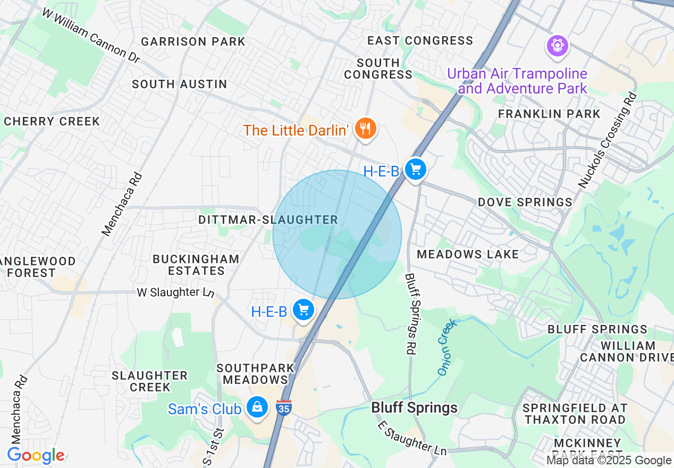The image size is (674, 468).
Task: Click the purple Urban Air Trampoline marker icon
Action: point(557,46)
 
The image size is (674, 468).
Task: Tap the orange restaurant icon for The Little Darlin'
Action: point(365,129)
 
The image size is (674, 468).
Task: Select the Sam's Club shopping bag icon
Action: point(257,408)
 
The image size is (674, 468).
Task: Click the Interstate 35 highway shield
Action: point(284,408)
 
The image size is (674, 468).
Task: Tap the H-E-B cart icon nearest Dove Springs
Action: point(415,170)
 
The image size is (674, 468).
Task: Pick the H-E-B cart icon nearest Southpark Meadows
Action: point(303,310)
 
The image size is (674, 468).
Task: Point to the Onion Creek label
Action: point(446,347)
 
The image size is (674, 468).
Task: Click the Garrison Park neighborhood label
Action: point(193,41)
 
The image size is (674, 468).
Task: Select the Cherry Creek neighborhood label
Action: point(52,121)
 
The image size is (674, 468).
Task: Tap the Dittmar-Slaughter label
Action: point(268,220)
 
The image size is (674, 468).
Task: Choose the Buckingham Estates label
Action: point(196,265)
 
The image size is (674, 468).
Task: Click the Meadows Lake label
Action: point(468,254)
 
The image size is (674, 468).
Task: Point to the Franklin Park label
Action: point(549,113)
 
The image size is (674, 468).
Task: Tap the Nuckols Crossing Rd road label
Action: point(608,141)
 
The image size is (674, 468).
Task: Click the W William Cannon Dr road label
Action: point(91,37)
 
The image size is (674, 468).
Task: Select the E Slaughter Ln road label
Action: point(412,438)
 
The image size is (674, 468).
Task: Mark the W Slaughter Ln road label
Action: point(175,292)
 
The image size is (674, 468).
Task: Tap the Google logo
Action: point(36,456)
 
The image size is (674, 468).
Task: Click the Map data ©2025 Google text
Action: point(609,460)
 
